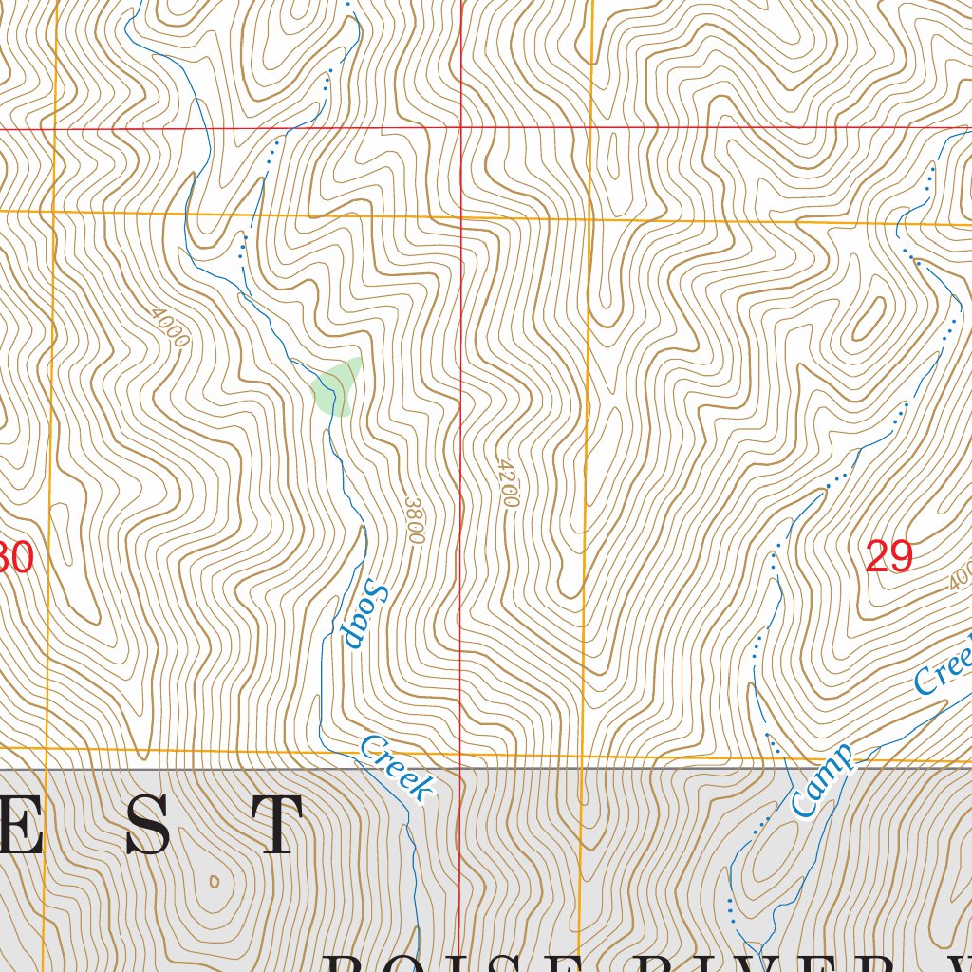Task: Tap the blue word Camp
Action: coord(821,781)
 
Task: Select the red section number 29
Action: coord(889,556)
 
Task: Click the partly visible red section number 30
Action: coord(17,558)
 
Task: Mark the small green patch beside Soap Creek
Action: coord(336,385)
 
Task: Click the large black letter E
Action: coord(21,825)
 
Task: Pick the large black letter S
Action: coord(149,825)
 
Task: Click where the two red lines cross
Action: coord(461,126)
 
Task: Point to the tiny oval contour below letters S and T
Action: coord(214,881)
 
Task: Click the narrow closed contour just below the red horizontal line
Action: coord(611,153)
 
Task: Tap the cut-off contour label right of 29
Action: coord(960,574)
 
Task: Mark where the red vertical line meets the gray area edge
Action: coord(460,768)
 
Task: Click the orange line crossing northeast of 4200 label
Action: coord(589,219)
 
